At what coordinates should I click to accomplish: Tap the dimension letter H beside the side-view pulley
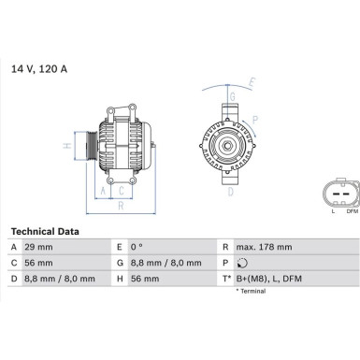[67, 146]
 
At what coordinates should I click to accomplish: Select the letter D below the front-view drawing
[229, 191]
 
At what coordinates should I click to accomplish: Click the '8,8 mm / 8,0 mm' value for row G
[174, 263]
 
